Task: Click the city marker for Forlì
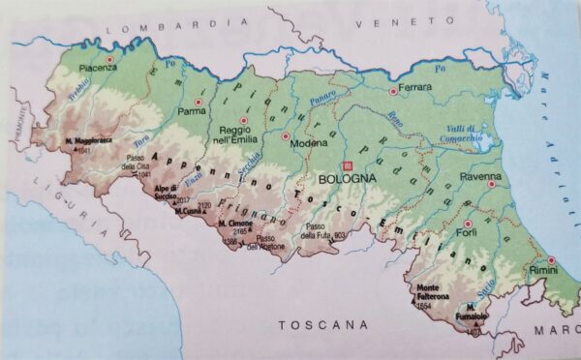click(468, 222)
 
